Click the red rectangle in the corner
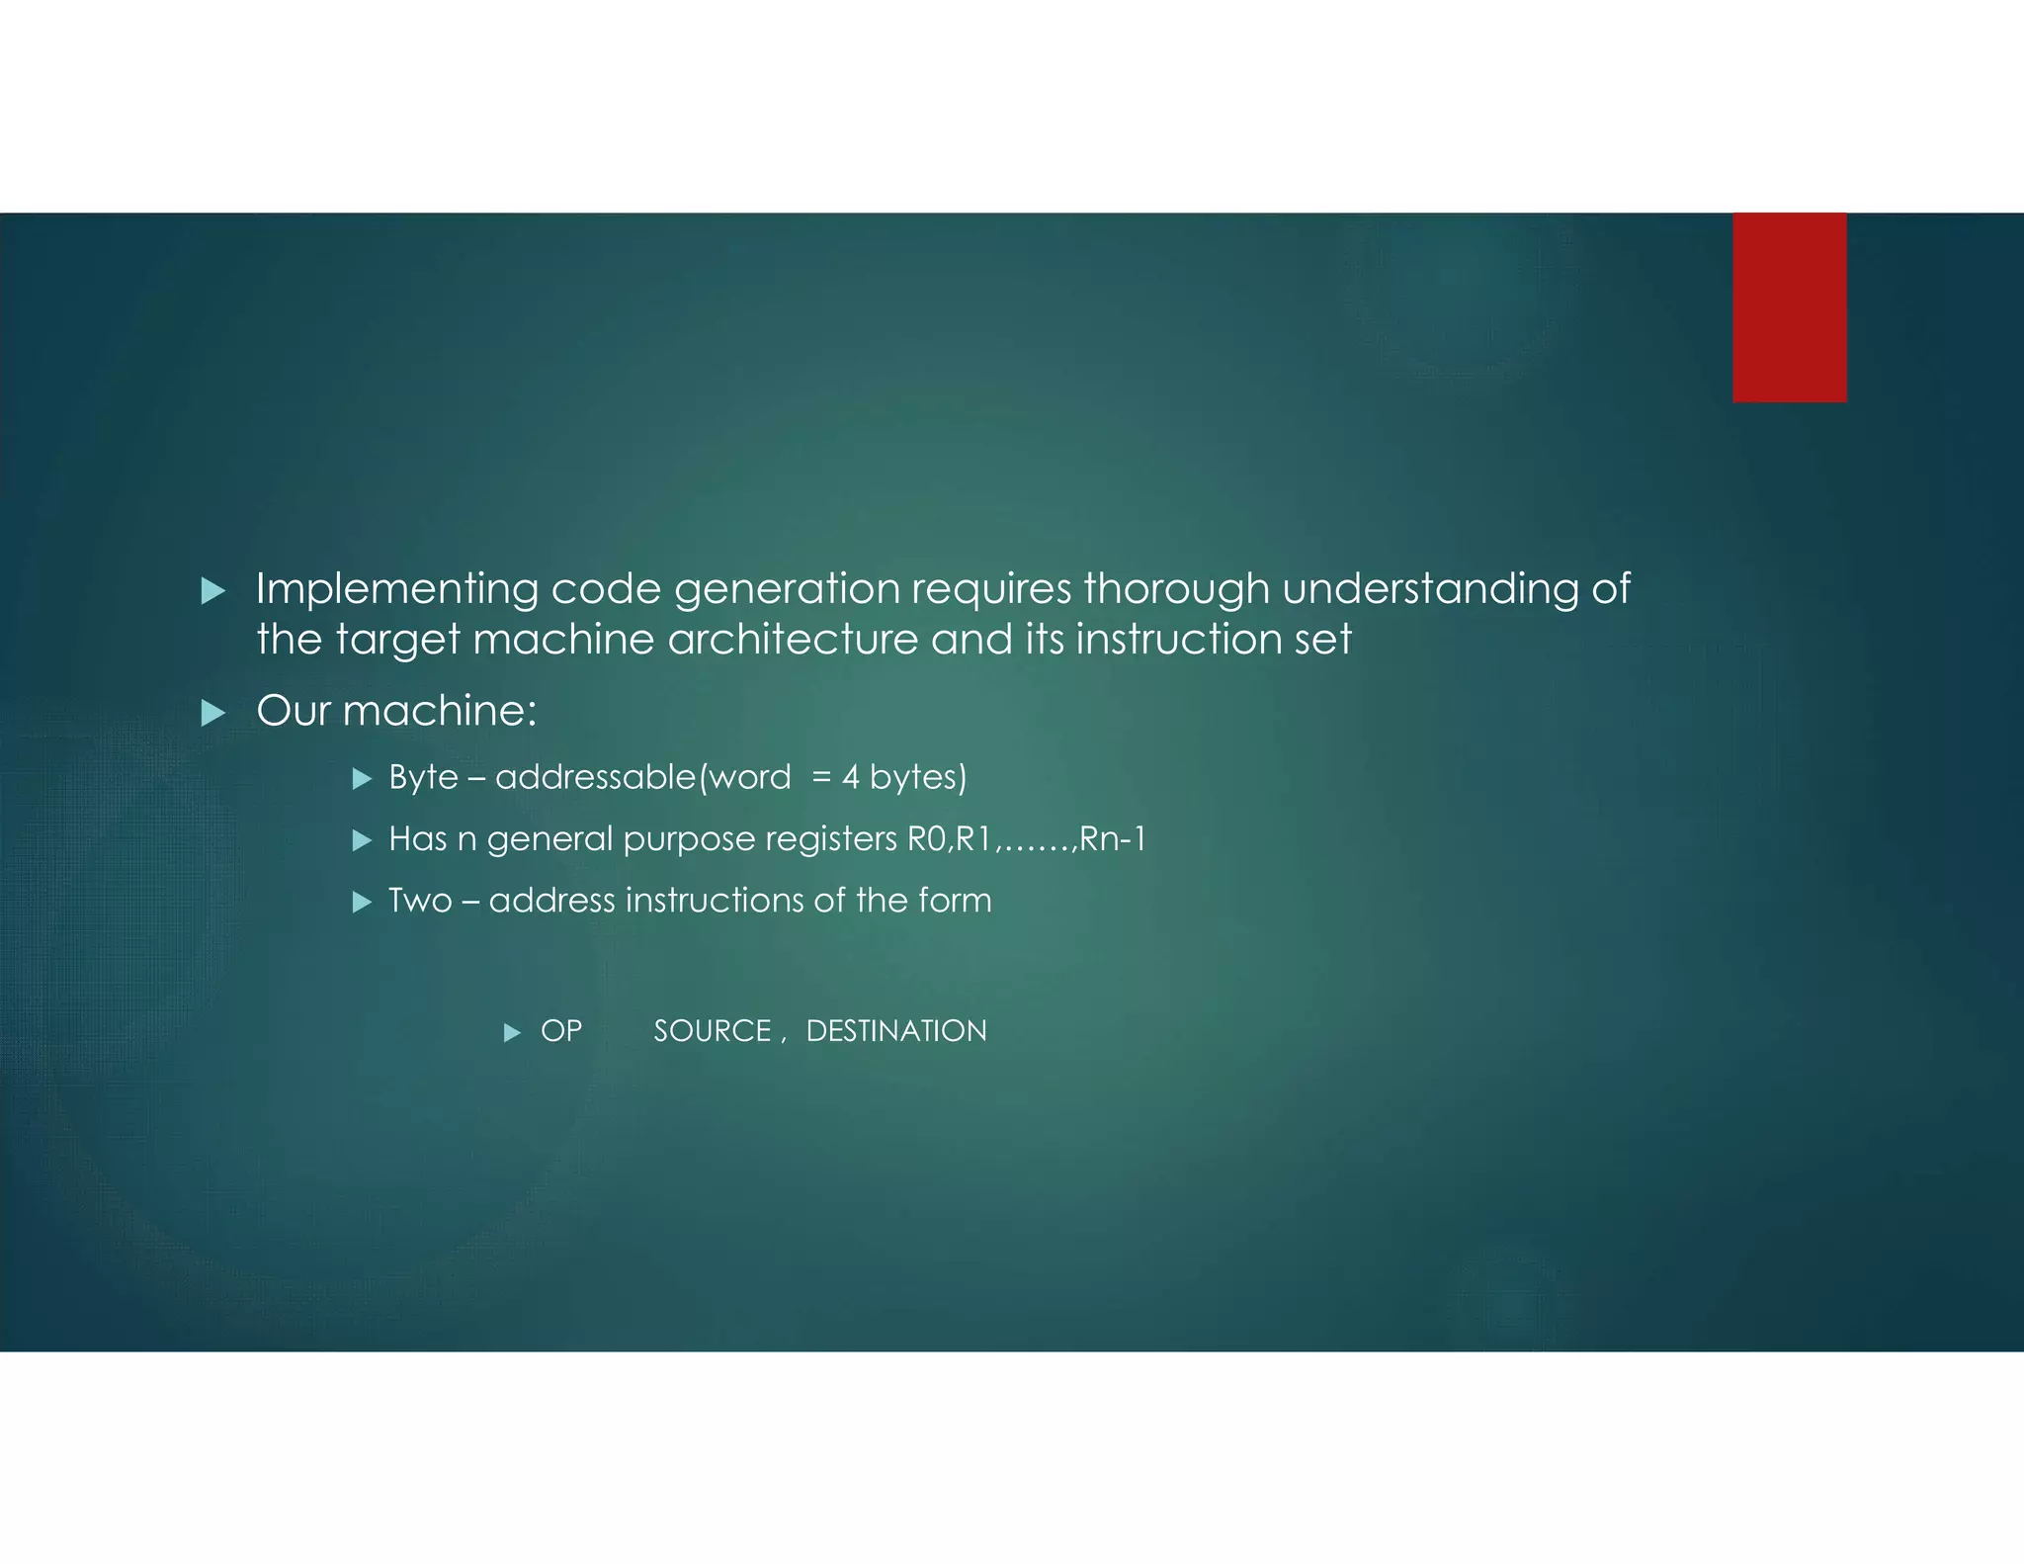[1789, 306]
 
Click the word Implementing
[396, 589]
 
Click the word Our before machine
[293, 711]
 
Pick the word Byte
[423, 778]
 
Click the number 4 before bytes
[850, 778]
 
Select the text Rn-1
[1113, 839]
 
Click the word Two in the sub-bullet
[420, 901]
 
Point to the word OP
[561, 1031]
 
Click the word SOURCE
[712, 1031]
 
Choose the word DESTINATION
[896, 1031]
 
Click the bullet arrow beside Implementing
[212, 591]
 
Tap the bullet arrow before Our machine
[212, 713]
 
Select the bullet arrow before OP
[512, 1033]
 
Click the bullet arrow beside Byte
[362, 779]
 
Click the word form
[954, 901]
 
